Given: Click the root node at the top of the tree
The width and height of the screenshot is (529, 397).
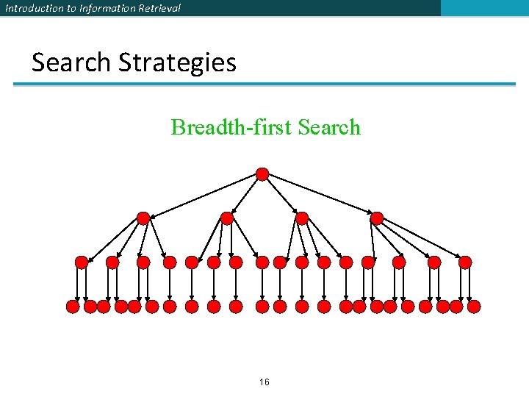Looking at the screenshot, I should coord(262,174).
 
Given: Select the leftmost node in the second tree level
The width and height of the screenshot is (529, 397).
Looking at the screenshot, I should coord(143,218).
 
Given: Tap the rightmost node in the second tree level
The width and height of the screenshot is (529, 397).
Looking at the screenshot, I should coord(377,218).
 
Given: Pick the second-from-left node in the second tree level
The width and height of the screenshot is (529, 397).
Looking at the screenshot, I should coord(227,218).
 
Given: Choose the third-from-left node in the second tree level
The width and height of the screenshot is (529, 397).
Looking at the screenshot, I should coord(301,218).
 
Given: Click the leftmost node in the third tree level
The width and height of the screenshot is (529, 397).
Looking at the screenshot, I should coord(82,262).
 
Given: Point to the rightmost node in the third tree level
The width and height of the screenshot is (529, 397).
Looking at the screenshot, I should coord(465,262).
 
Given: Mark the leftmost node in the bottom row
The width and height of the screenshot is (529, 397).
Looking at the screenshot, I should coord(73,306).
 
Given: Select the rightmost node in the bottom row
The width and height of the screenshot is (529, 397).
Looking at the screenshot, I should coord(474,306).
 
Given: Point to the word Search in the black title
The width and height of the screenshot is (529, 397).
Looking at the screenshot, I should coord(71,62).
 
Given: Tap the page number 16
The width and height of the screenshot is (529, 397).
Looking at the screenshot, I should coord(264,382).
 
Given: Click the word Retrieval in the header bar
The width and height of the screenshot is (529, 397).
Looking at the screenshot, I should coord(159,8).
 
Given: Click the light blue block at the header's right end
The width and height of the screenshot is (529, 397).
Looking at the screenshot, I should coord(484,8).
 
